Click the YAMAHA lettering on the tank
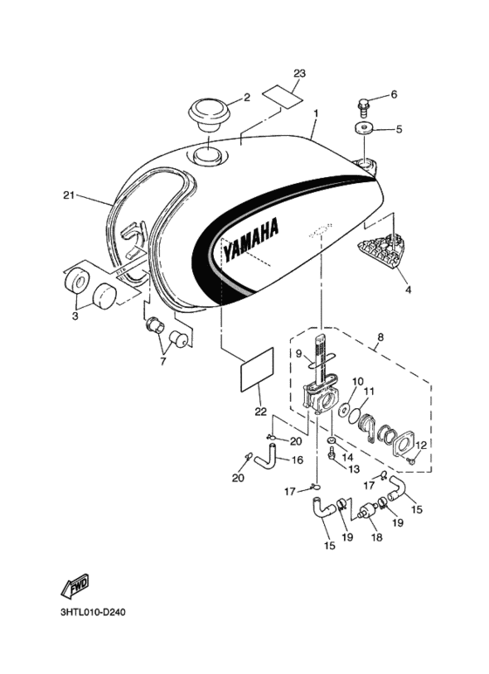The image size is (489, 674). pos(251,240)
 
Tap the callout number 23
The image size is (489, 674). pos(300,74)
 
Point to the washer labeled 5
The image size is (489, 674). pos(364,129)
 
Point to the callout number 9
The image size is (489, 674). pos(299,353)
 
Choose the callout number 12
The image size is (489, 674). pos(421,446)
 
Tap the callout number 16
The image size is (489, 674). pos(297,460)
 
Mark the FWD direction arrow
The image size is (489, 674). pos(75,589)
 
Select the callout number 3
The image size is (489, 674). pos(74,317)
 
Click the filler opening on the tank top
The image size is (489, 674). pos(208,155)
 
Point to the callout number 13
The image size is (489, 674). pos(355,468)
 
